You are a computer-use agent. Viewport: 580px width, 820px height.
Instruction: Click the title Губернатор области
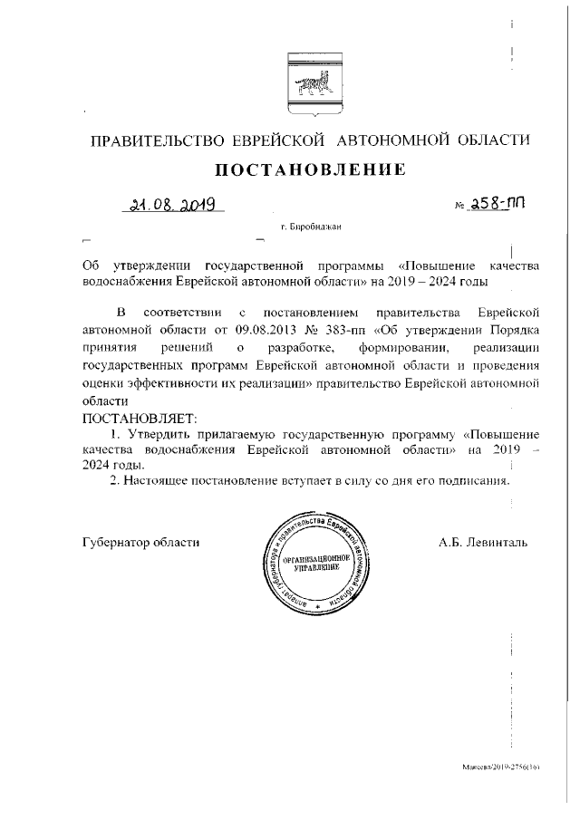coord(140,542)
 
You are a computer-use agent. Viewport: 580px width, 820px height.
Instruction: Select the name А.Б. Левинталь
coord(482,542)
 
